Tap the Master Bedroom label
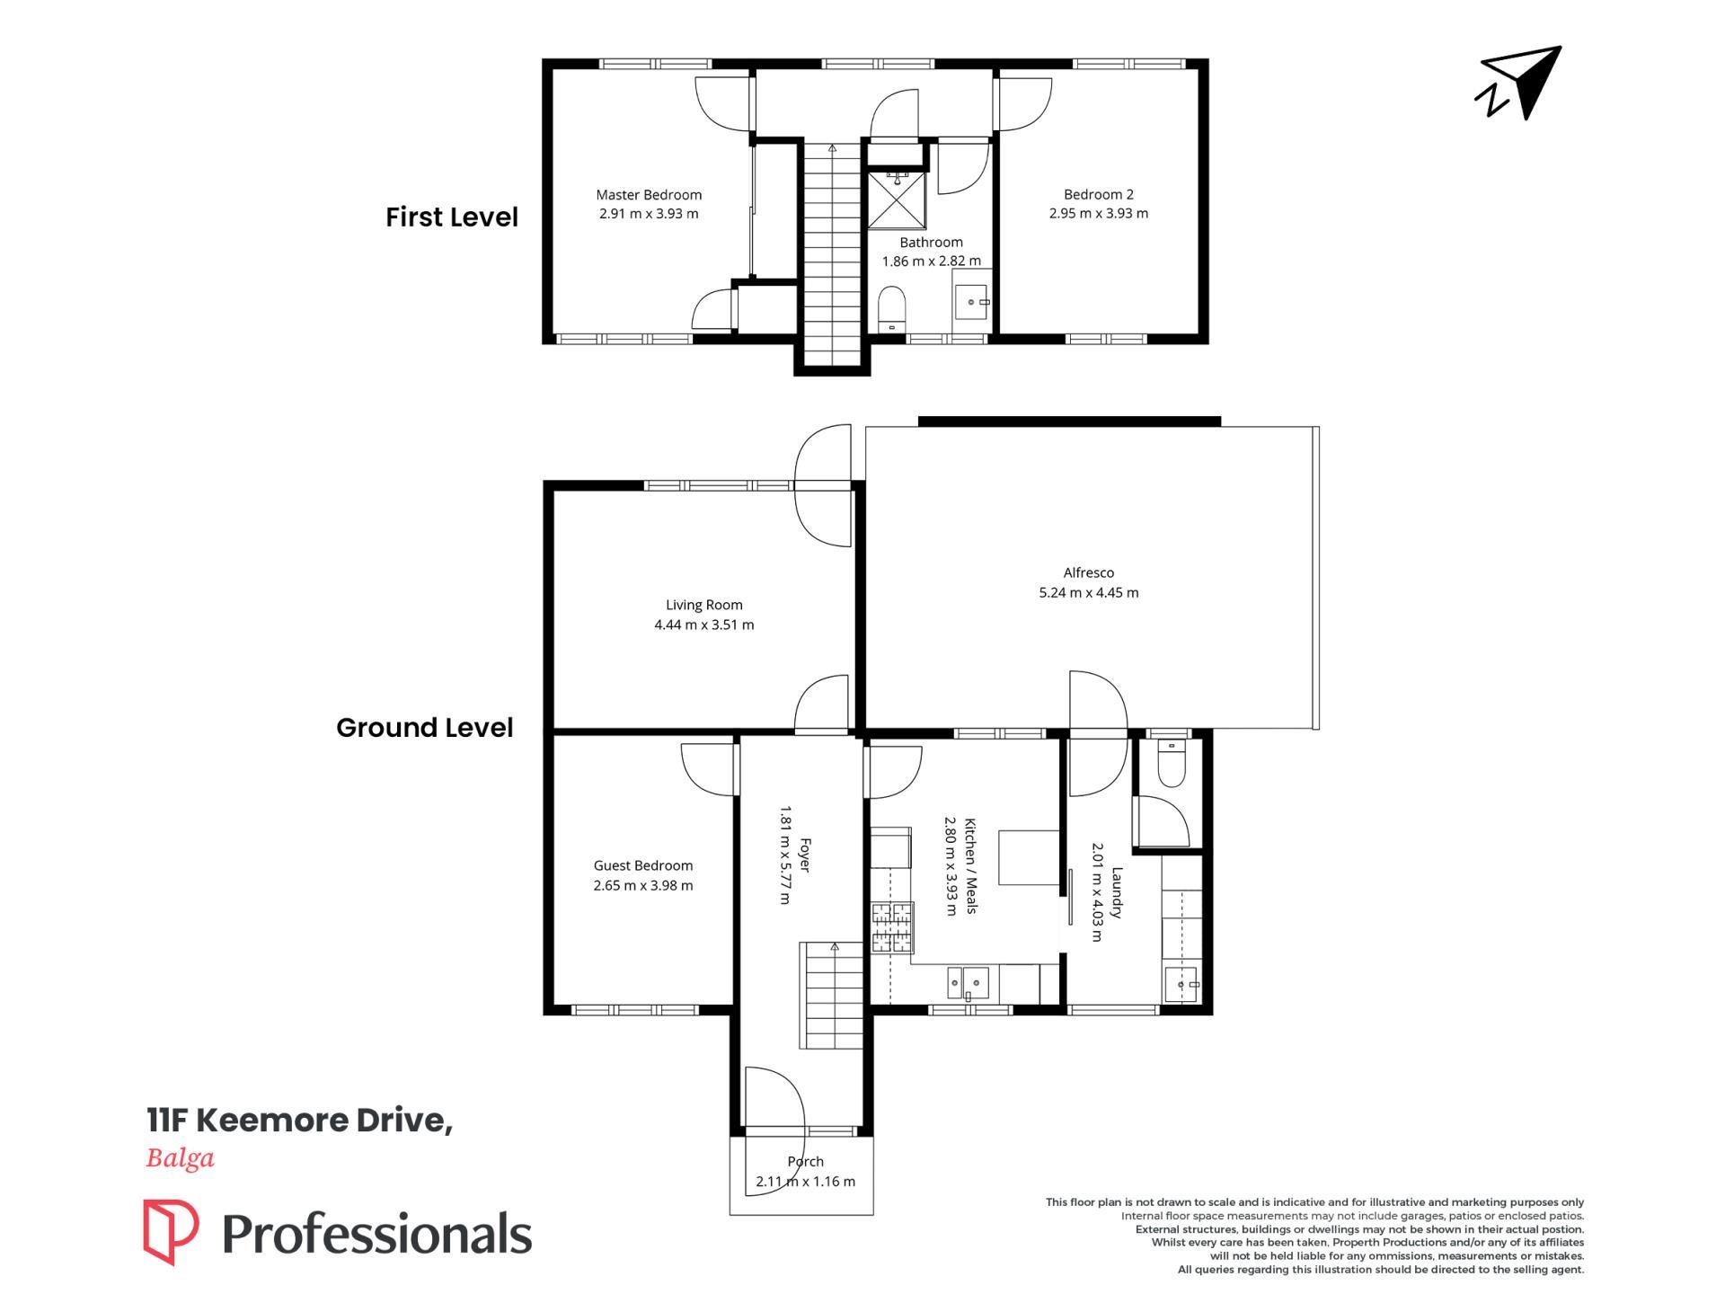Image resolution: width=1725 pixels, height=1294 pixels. click(649, 195)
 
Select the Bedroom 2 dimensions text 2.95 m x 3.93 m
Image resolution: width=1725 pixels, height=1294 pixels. click(1099, 214)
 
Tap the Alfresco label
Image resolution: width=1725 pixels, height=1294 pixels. click(1089, 572)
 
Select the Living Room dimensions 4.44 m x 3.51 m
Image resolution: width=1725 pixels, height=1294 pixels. click(704, 625)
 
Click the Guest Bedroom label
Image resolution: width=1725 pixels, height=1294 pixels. click(643, 865)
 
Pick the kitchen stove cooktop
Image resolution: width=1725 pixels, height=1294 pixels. click(892, 928)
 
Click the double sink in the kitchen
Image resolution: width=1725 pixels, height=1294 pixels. click(969, 983)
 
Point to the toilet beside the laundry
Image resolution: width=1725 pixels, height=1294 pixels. click(1172, 764)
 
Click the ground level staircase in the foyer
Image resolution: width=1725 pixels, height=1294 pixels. click(833, 996)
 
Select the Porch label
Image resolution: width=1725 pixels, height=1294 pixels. click(805, 1162)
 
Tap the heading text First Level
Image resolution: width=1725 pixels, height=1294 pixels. click(452, 217)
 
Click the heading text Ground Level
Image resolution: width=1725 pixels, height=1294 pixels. click(425, 728)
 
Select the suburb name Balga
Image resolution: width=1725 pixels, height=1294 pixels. click(181, 1159)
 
